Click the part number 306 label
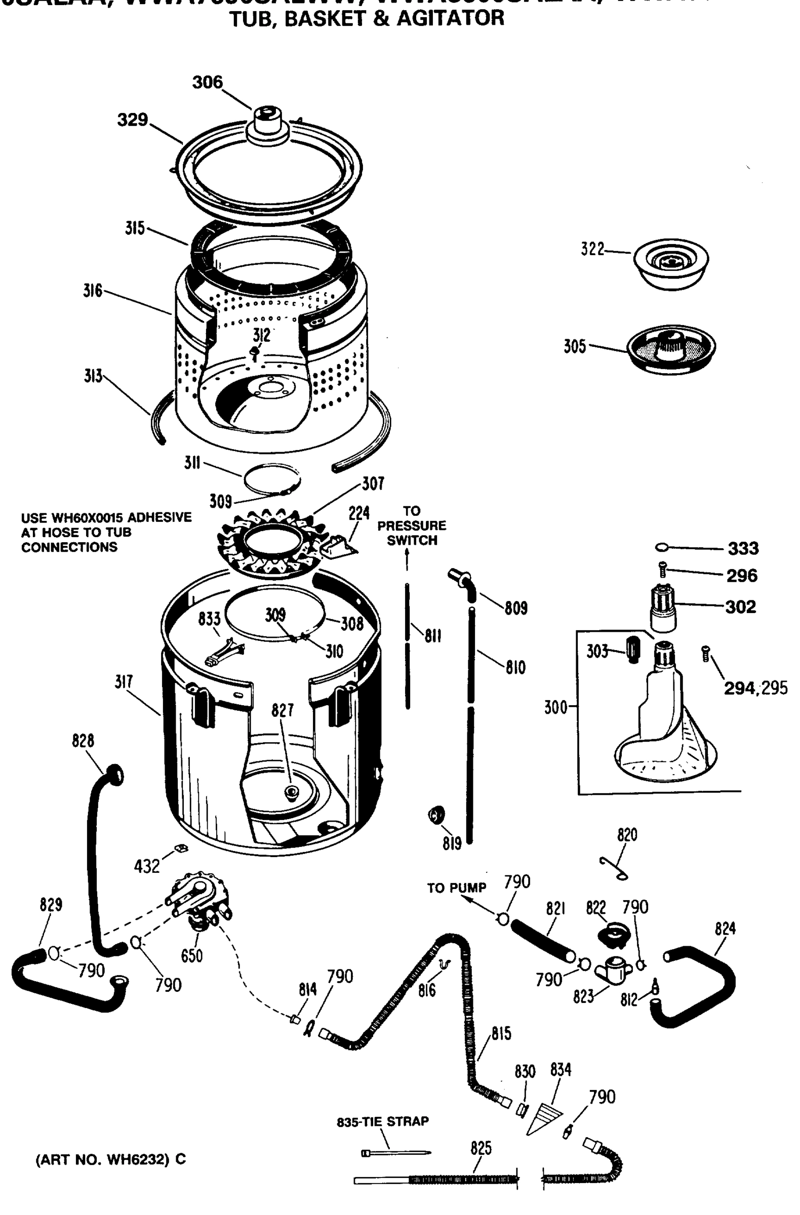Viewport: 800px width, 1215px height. (207, 82)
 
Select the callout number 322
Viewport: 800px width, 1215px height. (592, 249)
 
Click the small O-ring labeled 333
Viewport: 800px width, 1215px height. (662, 547)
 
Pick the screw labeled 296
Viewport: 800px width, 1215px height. (663, 567)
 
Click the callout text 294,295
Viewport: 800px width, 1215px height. (755, 688)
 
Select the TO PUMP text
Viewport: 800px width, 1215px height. (456, 888)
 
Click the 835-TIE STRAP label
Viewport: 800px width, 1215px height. (382, 1121)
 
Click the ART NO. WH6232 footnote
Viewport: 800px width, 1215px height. (110, 1159)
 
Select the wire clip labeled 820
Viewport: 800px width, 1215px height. (614, 868)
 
